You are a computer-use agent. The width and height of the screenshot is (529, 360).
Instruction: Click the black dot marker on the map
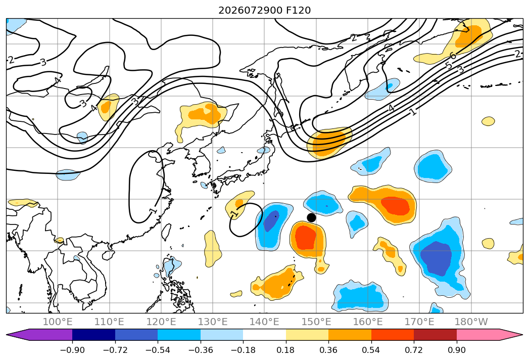[311, 217]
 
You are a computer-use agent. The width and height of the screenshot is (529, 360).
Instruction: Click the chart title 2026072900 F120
[265, 11]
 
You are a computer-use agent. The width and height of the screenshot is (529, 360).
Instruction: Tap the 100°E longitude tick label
[58, 322]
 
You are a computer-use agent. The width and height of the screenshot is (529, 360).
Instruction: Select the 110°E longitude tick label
[109, 322]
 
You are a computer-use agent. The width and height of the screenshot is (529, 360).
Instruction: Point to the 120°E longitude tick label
[161, 322]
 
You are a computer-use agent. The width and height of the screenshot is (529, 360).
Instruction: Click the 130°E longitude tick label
[213, 322]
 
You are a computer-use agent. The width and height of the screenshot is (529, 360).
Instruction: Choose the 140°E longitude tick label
[264, 322]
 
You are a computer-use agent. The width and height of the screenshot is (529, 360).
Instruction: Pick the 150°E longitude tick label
[316, 322]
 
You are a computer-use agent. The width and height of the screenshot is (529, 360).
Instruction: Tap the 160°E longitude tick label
[368, 322]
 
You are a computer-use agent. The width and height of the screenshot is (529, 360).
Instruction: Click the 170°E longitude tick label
[419, 322]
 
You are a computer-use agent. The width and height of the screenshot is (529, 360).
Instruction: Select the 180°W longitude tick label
[471, 322]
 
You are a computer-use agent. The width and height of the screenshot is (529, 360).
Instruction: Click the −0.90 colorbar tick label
[72, 350]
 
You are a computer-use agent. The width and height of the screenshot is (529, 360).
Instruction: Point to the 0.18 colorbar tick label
[286, 350]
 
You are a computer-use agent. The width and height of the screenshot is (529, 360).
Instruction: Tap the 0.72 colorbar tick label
[414, 350]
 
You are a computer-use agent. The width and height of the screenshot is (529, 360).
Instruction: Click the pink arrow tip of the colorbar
[522, 334]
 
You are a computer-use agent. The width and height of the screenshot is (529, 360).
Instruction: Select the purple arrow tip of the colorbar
[7, 334]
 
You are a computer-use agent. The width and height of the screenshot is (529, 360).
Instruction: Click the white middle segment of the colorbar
[265, 334]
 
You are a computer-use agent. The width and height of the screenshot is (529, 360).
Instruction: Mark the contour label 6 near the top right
[453, 56]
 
